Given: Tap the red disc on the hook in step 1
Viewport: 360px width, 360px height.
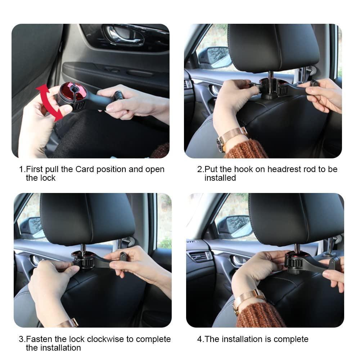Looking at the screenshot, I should click(73, 91).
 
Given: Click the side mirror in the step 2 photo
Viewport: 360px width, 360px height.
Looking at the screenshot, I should click(215, 58).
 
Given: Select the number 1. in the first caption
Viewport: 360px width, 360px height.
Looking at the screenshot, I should click(22, 169).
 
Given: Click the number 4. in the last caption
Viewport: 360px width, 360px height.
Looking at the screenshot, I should click(200, 339).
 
